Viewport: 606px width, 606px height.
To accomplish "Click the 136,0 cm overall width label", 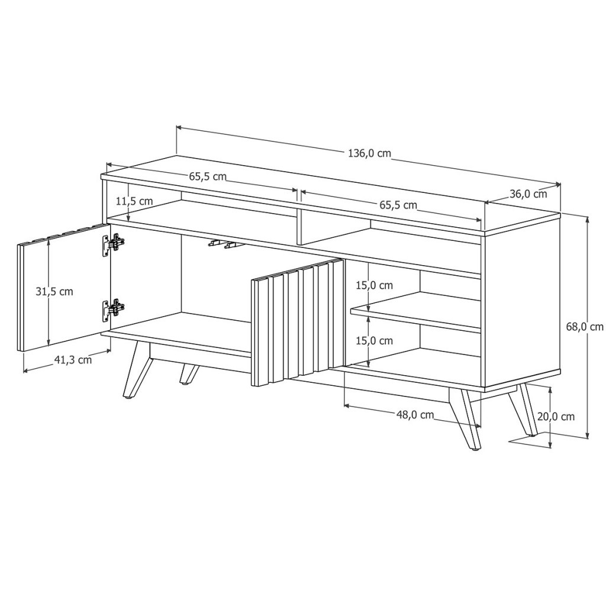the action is (x=370, y=153).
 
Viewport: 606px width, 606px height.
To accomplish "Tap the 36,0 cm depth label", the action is (x=528, y=194).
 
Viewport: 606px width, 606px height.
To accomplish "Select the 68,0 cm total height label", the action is (x=585, y=327).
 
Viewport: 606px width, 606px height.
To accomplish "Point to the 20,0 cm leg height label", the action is (x=556, y=417).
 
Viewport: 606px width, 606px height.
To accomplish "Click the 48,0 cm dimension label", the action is (x=415, y=415).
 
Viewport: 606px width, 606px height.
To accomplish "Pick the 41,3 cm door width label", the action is (x=73, y=360).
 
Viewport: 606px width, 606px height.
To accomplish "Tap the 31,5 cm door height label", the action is (x=54, y=291).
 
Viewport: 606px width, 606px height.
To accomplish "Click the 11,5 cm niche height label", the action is (x=134, y=201).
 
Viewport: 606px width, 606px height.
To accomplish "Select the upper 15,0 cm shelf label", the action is (x=374, y=285).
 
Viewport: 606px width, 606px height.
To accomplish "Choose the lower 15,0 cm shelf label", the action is (x=374, y=340).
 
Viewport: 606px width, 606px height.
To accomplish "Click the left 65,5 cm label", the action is (x=208, y=176).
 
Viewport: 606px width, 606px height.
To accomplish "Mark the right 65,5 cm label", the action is (x=398, y=205).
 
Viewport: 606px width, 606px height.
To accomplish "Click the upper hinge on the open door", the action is (x=113, y=244).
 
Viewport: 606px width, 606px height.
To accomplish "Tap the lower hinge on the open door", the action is (x=113, y=309).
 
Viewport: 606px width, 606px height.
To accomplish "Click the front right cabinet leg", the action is (x=465, y=420).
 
